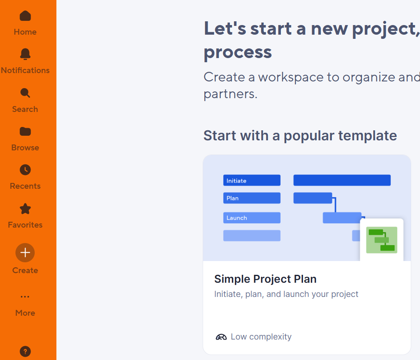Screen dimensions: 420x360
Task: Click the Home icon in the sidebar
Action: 25,16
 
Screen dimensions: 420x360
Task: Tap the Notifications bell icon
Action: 25,54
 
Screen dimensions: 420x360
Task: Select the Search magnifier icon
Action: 25,93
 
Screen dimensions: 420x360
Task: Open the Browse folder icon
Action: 25,132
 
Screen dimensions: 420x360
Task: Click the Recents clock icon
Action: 25,170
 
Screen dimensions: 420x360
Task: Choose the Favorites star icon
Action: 25,209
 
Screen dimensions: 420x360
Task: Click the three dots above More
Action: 25,297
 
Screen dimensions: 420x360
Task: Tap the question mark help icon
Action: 25,351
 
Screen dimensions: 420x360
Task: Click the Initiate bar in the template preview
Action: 252,180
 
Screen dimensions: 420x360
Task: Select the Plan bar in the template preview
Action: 252,198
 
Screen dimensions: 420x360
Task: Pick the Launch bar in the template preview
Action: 252,218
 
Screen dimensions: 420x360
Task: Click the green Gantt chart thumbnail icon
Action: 382,240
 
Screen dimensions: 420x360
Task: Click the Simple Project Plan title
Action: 265,279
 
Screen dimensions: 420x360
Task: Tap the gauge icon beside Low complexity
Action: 221,337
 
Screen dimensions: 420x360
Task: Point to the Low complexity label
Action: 261,337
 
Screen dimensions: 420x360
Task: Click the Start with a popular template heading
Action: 300,135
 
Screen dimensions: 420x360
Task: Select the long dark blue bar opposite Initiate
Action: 342,180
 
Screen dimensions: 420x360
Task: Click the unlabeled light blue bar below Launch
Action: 252,236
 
